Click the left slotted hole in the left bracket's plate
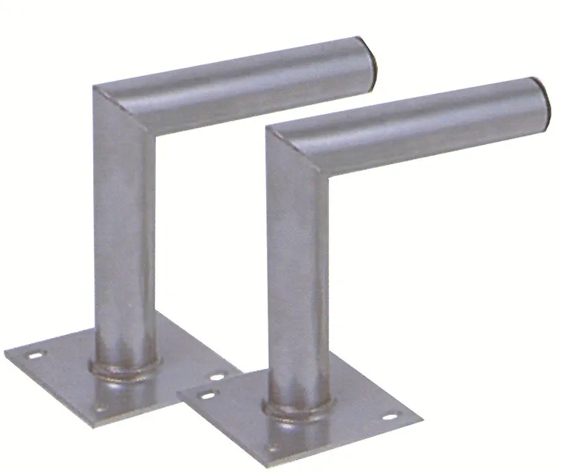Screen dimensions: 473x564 click(34, 355)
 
